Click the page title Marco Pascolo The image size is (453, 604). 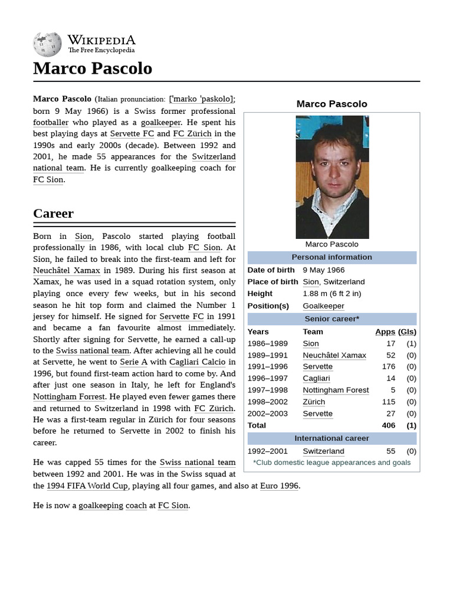(x=93, y=68)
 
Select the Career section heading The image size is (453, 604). (x=53, y=214)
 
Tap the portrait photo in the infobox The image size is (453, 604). (x=332, y=177)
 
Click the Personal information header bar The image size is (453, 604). (x=331, y=257)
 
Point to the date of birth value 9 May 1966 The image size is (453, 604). (x=323, y=270)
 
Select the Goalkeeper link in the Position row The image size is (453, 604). (x=323, y=306)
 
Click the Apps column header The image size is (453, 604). (x=385, y=331)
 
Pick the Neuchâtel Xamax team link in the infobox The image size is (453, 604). (x=334, y=355)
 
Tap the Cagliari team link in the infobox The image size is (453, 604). (x=316, y=378)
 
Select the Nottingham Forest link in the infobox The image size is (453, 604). (x=336, y=390)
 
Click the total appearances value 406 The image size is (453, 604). (x=388, y=425)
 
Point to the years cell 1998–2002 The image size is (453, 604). (x=267, y=402)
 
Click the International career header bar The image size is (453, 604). (x=331, y=438)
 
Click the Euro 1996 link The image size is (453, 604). (x=280, y=485)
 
